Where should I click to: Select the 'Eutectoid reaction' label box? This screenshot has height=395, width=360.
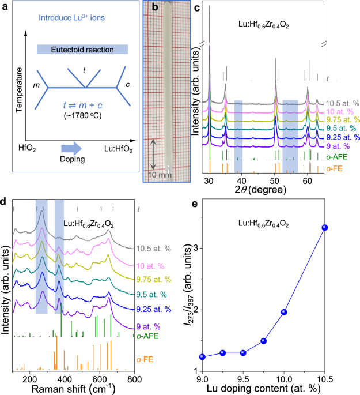(x=84, y=50)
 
